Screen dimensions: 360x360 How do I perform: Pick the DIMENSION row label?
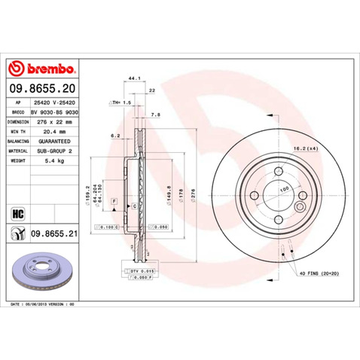[18, 120]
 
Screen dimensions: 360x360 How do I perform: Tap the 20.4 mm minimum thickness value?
[59, 130]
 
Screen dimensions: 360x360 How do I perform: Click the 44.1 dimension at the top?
[136, 78]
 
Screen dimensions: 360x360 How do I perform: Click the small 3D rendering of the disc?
[46, 269]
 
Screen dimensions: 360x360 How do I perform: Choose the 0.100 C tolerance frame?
[108, 226]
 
